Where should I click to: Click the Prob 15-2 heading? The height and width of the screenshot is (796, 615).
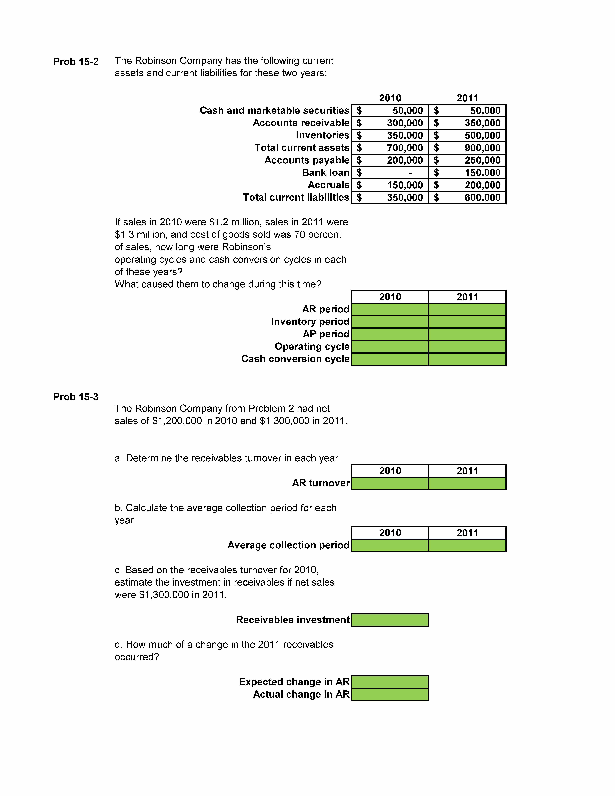76,62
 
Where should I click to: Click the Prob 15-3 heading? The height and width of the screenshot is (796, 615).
76,397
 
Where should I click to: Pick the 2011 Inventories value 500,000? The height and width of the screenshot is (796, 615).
482,136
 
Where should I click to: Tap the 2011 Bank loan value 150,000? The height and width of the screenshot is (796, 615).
482,173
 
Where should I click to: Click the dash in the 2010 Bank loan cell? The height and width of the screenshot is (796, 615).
411,173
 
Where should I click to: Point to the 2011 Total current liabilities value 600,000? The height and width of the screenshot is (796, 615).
482,198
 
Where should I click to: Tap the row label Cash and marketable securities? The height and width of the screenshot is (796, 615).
274,110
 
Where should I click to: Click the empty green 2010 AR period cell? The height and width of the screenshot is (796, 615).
390,309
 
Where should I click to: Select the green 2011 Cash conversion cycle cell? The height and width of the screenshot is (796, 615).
467,359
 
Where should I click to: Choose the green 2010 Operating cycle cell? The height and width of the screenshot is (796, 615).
390,347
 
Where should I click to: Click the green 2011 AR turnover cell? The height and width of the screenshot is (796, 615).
467,483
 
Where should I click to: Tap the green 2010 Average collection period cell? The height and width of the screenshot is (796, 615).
390,545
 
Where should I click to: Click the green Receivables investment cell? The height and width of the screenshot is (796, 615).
390,620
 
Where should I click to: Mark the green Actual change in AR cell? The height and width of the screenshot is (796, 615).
390,694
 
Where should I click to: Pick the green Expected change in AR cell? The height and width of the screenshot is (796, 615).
390,682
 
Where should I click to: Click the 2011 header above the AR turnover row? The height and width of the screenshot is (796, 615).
467,471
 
